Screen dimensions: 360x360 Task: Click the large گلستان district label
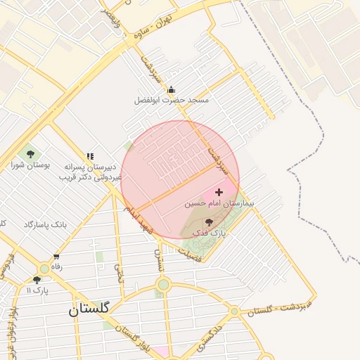pyautogui.click(x=89, y=308)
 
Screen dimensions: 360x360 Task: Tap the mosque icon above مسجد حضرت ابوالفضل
pyautogui.click(x=172, y=89)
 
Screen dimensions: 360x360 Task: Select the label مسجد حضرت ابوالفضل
pyautogui.click(x=172, y=101)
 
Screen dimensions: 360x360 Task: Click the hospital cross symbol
pyautogui.click(x=219, y=191)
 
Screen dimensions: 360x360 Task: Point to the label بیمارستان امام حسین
pyautogui.click(x=219, y=202)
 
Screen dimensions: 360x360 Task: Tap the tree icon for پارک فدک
pyautogui.click(x=208, y=221)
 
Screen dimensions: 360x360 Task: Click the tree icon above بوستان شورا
pyautogui.click(x=30, y=153)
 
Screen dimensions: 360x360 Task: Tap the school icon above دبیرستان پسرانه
pyautogui.click(x=90, y=156)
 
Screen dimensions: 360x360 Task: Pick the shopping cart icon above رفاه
pyautogui.click(x=56, y=257)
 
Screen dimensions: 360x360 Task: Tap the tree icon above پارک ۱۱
pyautogui.click(x=37, y=279)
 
